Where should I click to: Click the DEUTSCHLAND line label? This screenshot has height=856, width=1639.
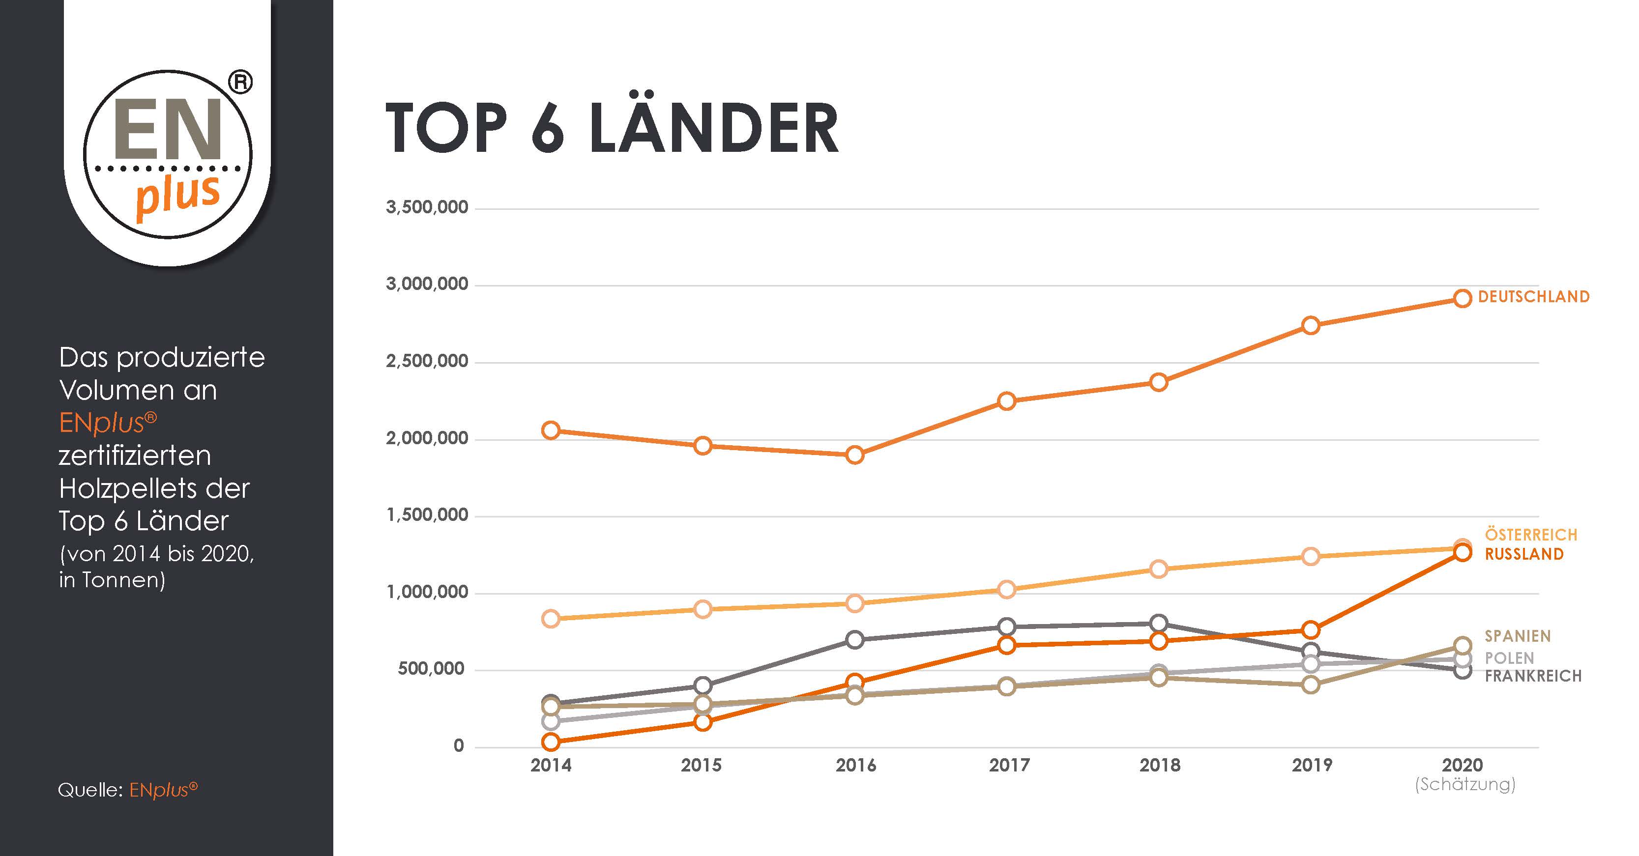click(1533, 296)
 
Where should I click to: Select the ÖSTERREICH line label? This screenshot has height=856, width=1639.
click(1531, 535)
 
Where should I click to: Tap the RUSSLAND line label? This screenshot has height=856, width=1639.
click(1524, 554)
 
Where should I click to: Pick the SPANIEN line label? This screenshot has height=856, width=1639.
click(1518, 636)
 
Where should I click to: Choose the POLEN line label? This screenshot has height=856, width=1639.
click(1509, 658)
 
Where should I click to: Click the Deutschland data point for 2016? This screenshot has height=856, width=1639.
click(855, 455)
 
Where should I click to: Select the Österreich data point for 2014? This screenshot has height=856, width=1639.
click(551, 619)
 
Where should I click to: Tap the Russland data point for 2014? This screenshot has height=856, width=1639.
click(551, 742)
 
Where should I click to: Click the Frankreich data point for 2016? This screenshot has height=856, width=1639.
click(855, 639)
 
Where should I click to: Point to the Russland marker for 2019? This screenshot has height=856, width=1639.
click(1310, 630)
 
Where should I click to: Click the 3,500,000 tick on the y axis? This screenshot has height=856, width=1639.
click(427, 207)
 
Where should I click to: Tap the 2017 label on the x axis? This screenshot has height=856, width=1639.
click(1008, 765)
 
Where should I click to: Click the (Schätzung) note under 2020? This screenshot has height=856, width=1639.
click(1464, 784)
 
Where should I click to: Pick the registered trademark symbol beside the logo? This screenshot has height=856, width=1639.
click(240, 82)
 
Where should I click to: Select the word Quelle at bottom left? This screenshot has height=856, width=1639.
click(89, 790)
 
